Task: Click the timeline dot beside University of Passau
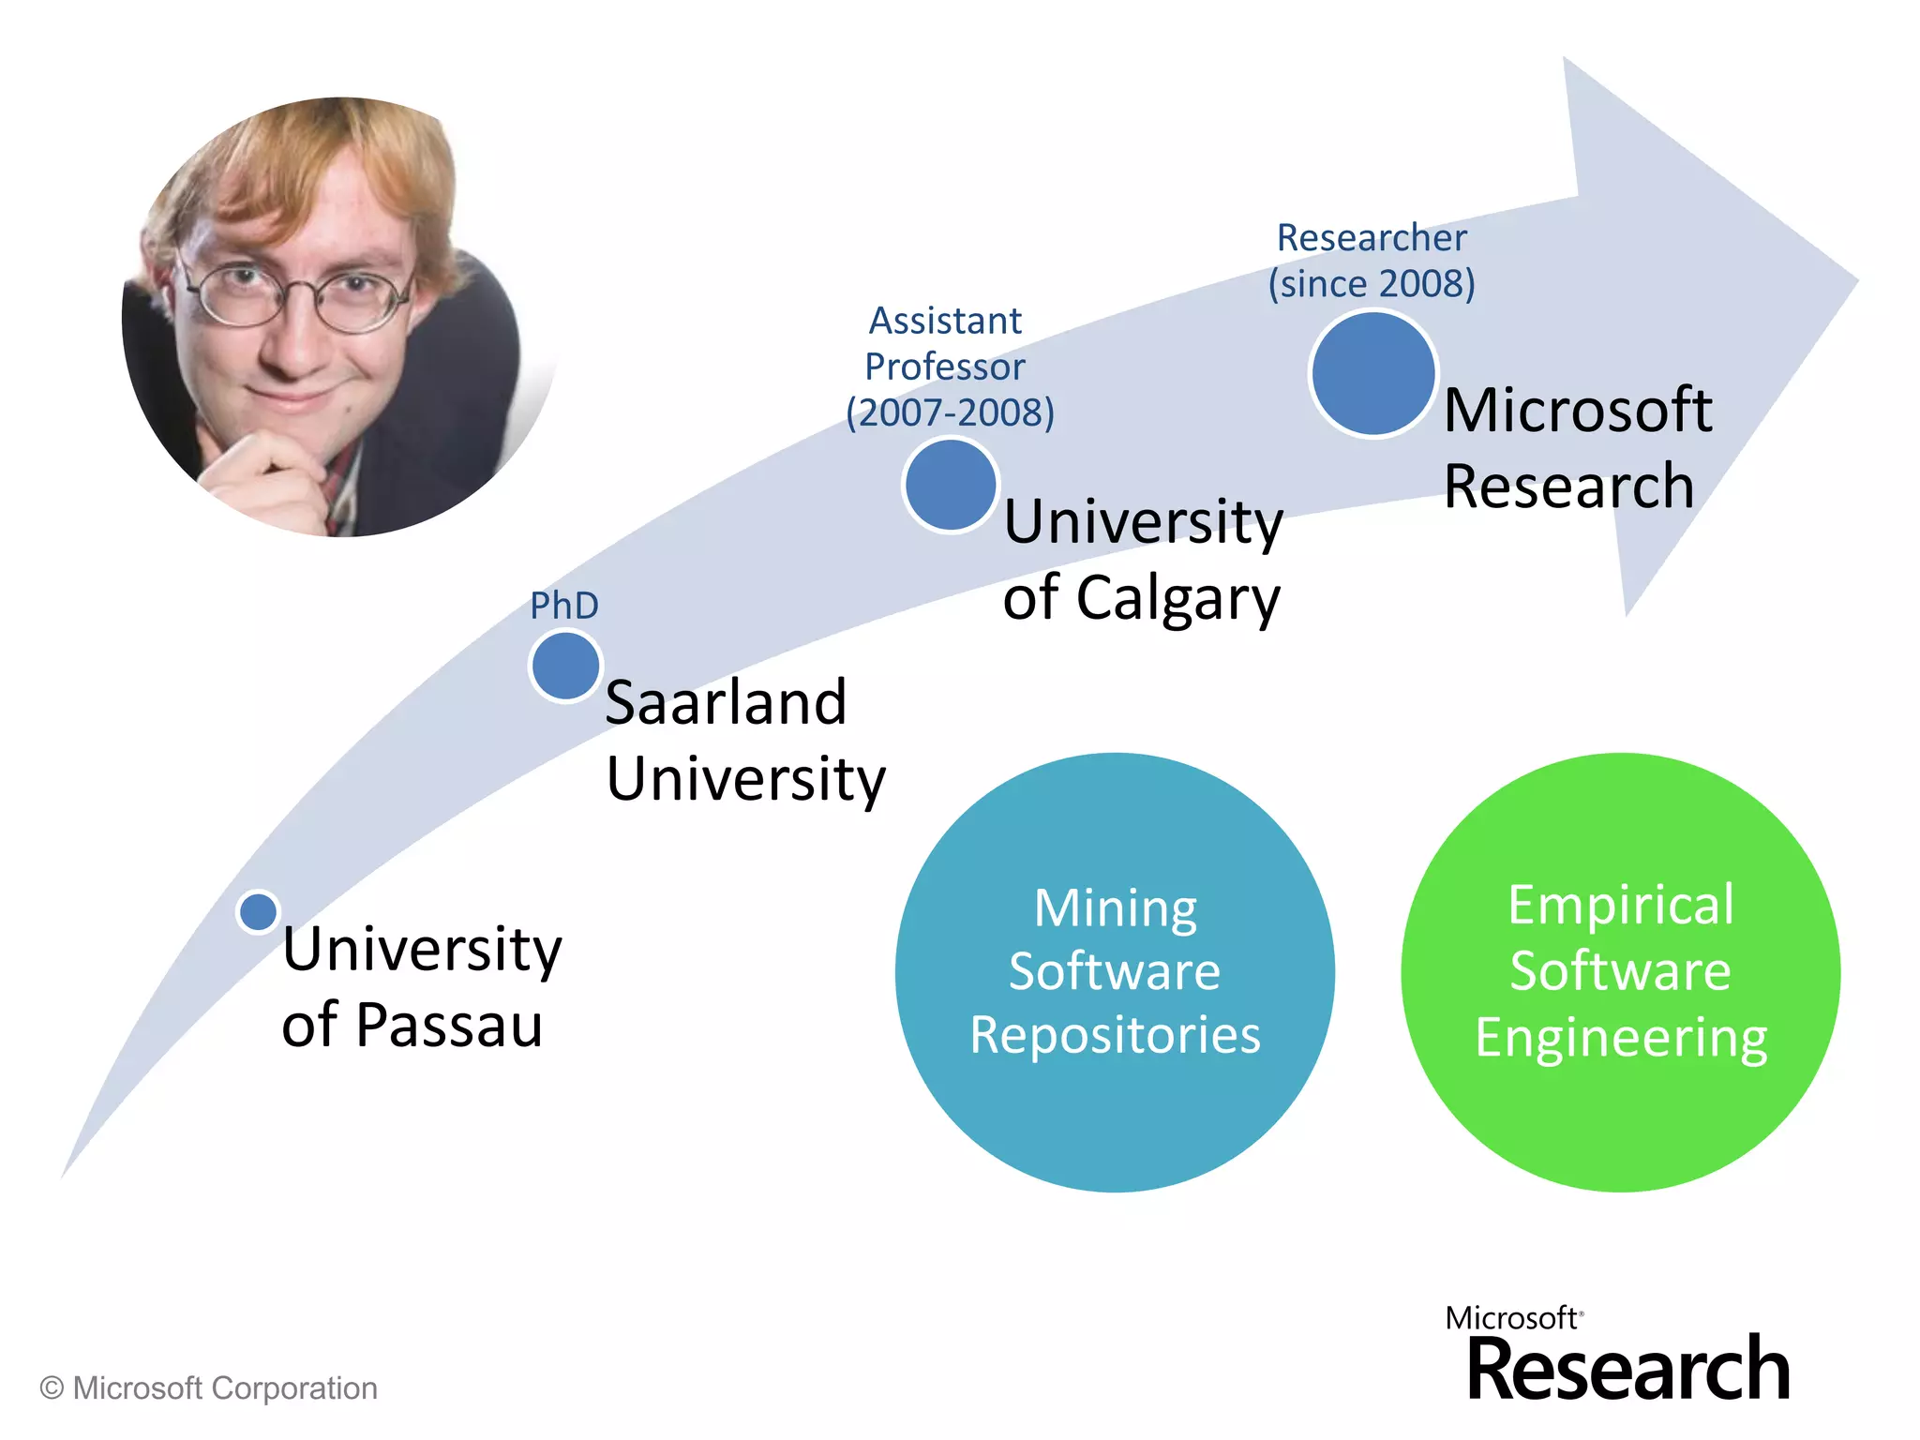point(258,911)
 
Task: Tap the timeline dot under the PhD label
point(565,666)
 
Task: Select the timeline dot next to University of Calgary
point(951,485)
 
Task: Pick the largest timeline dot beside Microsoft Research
point(1373,374)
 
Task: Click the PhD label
point(564,606)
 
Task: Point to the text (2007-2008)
point(950,412)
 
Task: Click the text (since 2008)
point(1372,283)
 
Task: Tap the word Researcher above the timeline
point(1372,238)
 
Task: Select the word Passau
point(449,1025)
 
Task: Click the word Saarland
point(726,702)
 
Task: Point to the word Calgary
point(1177,599)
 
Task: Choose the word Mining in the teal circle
point(1115,907)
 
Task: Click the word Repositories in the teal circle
point(1115,1035)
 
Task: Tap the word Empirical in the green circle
point(1621,906)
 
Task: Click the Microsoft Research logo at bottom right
point(1619,1356)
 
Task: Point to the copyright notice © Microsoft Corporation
point(208,1388)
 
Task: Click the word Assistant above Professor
point(945,322)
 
